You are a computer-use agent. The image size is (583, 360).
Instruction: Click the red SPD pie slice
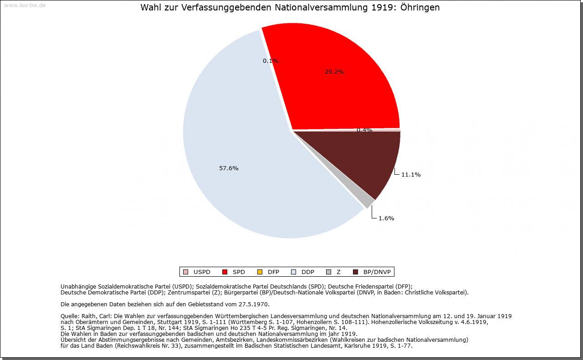point(346,91)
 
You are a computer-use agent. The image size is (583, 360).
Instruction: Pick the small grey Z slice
point(364,201)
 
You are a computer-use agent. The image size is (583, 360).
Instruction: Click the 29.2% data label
point(334,72)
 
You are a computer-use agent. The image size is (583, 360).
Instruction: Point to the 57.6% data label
point(229,168)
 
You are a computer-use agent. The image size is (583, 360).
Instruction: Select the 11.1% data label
point(410,175)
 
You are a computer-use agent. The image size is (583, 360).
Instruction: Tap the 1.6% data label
point(386,218)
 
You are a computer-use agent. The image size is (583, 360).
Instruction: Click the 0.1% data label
point(271,61)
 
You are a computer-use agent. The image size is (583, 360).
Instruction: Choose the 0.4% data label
point(364,130)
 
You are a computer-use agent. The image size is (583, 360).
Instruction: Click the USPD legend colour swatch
point(185,272)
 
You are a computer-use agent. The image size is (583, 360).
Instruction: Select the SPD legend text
point(239,272)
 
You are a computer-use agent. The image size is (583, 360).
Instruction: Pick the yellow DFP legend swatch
point(260,272)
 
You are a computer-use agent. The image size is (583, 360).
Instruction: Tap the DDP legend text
point(308,272)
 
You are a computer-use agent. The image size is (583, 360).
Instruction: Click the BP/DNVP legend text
point(377,272)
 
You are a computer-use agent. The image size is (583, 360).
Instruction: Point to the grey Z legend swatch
point(328,272)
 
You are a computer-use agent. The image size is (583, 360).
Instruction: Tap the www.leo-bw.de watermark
point(24,5)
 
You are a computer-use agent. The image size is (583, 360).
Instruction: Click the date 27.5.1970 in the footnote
point(253,304)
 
